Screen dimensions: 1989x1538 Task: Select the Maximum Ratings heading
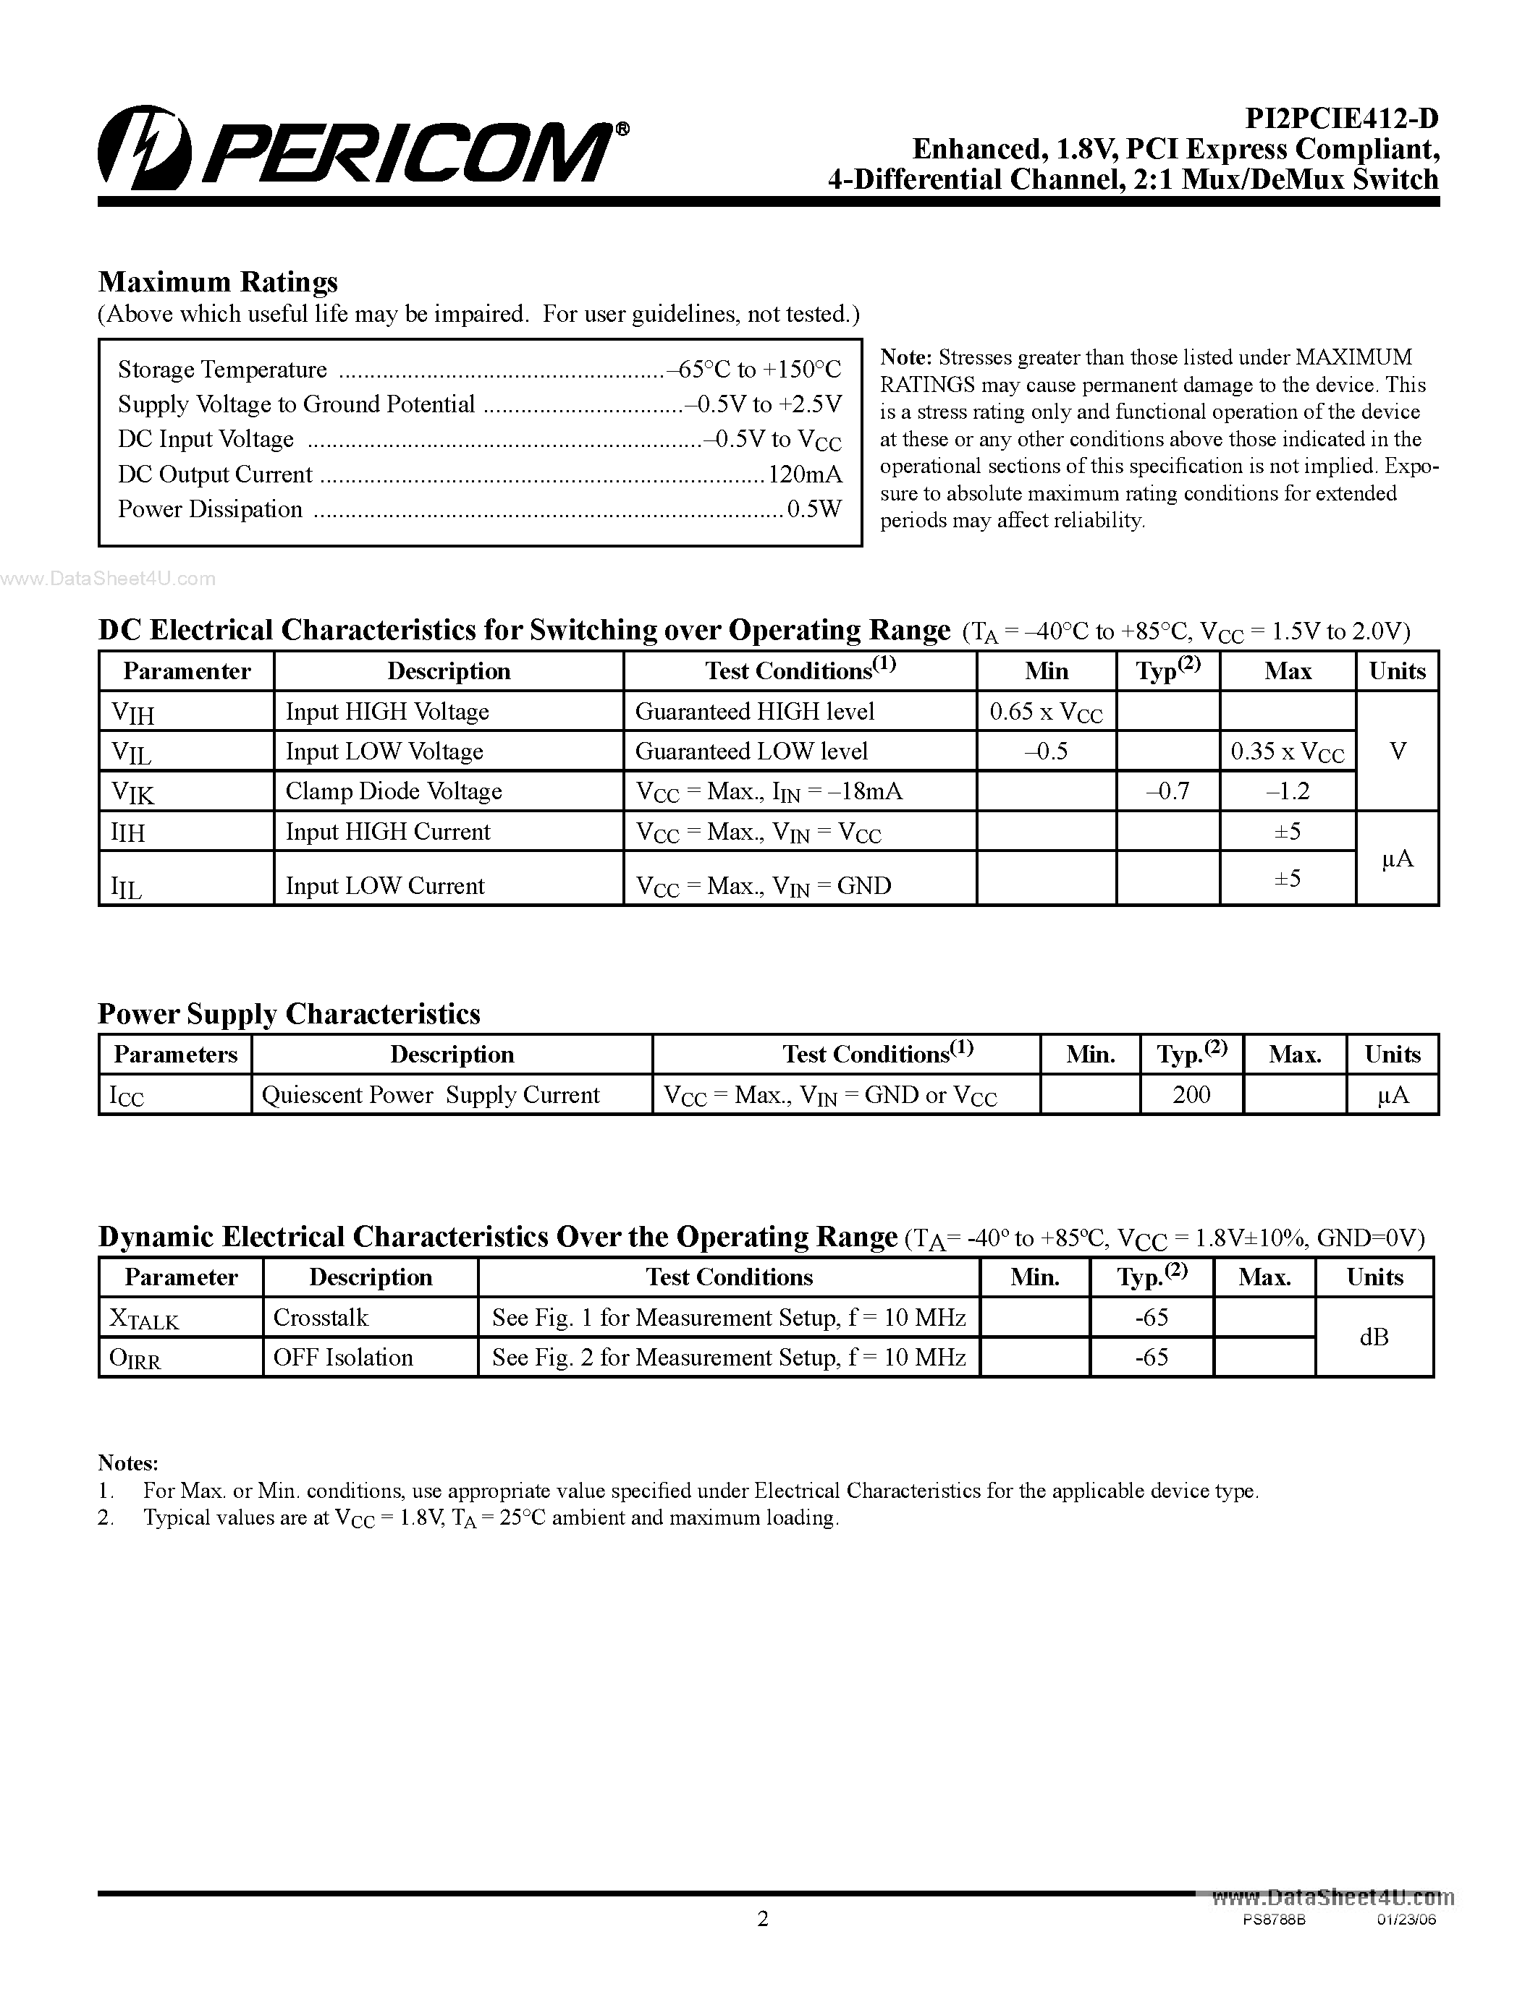click(x=218, y=281)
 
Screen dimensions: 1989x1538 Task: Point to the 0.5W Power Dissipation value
click(x=814, y=509)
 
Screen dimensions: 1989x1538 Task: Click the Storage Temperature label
click(x=222, y=370)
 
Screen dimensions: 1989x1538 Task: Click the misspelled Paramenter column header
click(x=187, y=671)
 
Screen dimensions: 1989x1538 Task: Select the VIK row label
click(x=133, y=792)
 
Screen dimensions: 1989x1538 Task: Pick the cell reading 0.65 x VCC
click(x=1046, y=712)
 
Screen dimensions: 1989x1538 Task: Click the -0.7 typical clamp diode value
click(x=1168, y=791)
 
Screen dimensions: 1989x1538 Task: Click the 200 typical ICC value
click(x=1191, y=1095)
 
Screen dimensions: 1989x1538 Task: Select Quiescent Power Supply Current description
click(x=430, y=1095)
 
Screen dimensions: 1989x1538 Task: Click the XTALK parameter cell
click(x=145, y=1319)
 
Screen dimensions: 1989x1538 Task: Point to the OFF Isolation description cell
click(x=344, y=1358)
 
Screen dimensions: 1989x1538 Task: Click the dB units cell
click(x=1373, y=1337)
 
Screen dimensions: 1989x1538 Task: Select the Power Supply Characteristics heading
click(x=289, y=1013)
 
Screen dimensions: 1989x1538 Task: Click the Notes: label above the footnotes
click(x=129, y=1462)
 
